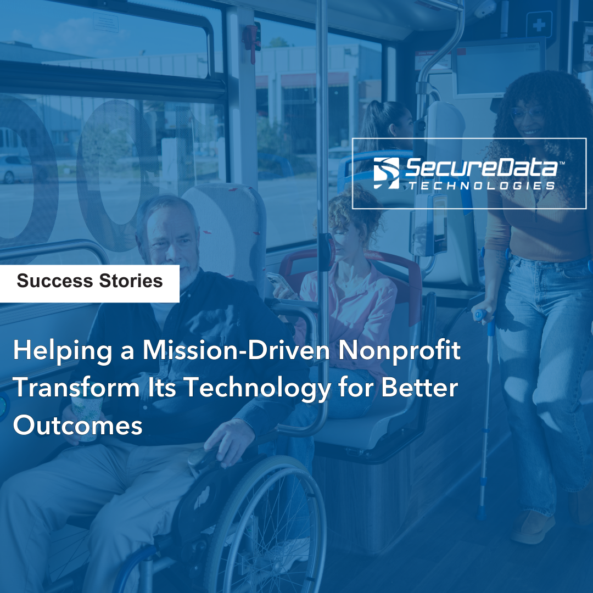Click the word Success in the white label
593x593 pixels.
[55, 281]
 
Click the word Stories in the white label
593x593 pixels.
[131, 281]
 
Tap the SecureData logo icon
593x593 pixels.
[386, 173]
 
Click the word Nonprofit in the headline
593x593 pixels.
[399, 350]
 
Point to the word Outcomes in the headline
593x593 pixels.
[77, 426]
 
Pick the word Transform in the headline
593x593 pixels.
[76, 388]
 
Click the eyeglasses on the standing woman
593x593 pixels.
[527, 113]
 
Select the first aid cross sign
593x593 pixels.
[539, 25]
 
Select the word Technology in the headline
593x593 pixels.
[257, 388]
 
